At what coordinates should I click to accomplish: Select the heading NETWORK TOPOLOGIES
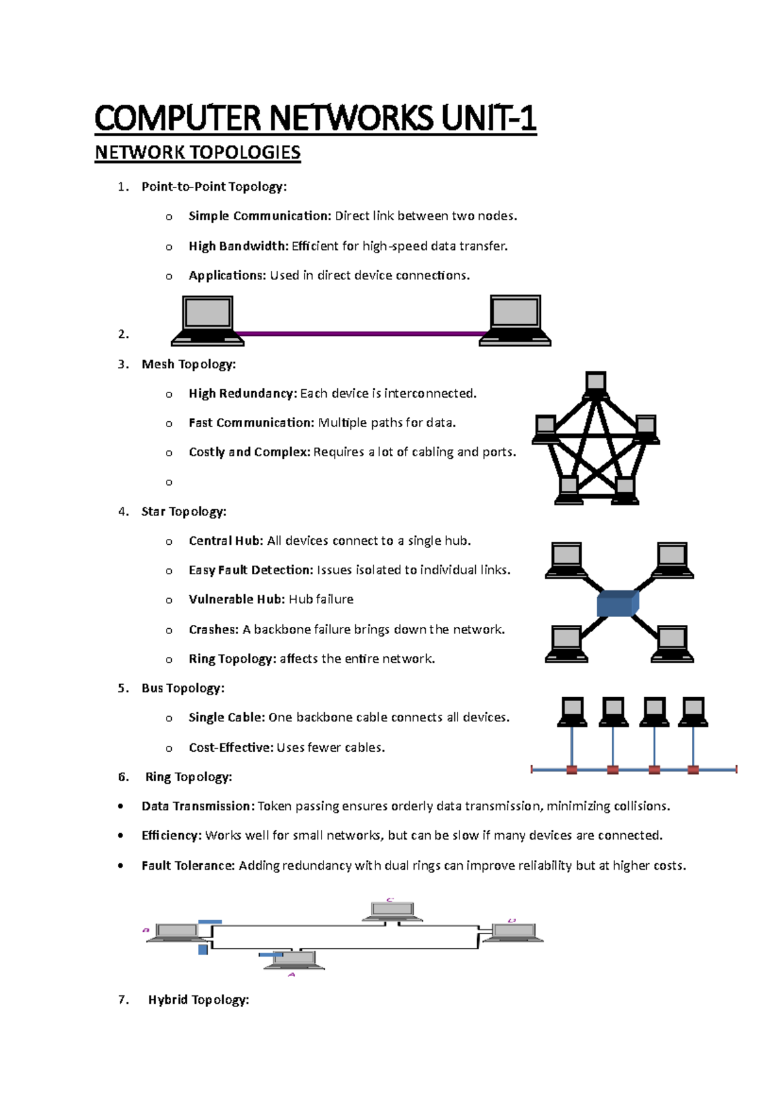(197, 152)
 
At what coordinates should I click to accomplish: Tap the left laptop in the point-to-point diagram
(207, 320)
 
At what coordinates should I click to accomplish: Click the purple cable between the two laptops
(361, 334)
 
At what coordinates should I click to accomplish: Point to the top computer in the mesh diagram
(596, 384)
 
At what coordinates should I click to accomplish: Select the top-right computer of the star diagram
(672, 560)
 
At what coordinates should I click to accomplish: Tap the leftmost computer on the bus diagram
(572, 711)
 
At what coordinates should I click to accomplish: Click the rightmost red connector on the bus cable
(693, 770)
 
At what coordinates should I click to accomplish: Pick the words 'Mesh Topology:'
(188, 365)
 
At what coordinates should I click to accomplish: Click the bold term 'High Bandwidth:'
(238, 246)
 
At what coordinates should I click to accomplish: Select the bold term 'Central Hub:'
(226, 541)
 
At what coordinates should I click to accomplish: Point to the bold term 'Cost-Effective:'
(231, 748)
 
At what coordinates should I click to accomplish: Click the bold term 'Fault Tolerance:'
(188, 866)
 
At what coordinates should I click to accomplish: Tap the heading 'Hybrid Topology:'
(199, 1000)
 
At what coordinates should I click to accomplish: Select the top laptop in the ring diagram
(392, 911)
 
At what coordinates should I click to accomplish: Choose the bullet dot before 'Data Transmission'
(121, 807)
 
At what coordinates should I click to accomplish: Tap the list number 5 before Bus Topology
(122, 688)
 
